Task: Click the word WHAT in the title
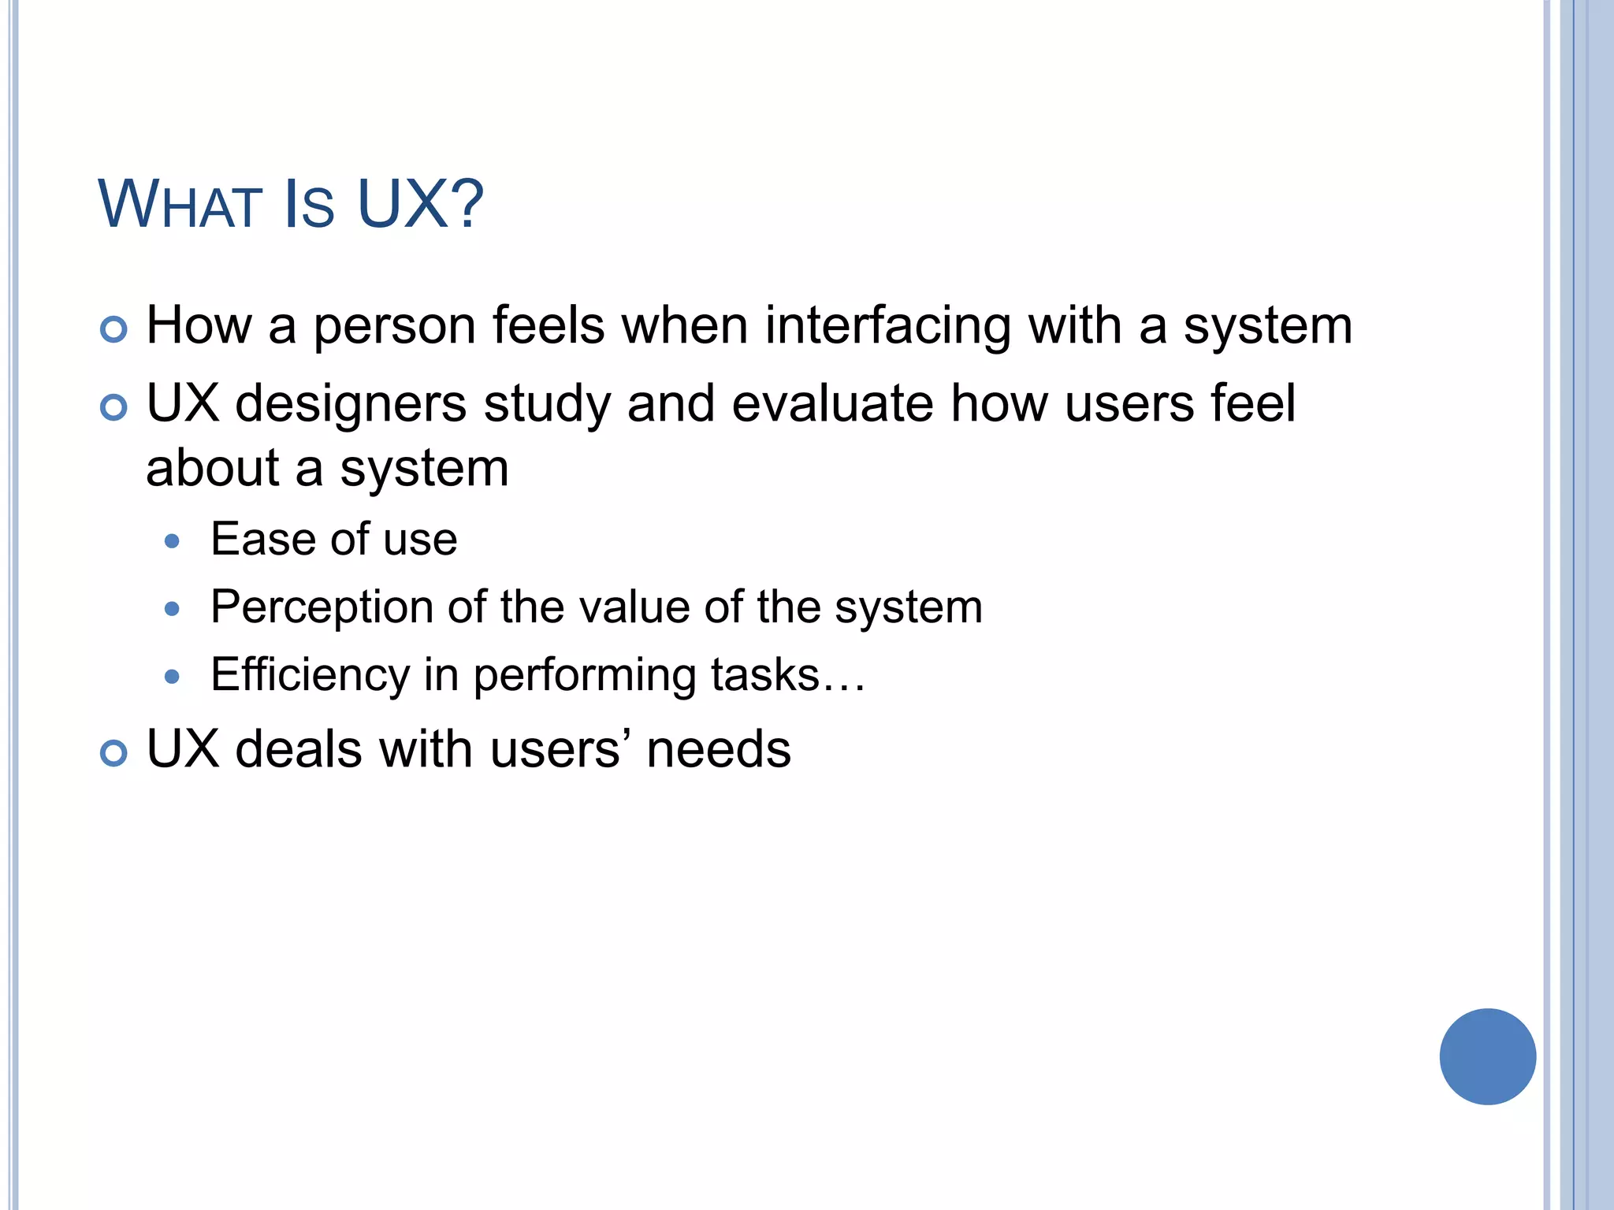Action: coord(180,205)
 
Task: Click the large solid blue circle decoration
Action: coord(1487,1056)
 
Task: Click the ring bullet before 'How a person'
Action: coord(114,329)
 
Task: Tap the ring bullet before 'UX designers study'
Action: coord(114,407)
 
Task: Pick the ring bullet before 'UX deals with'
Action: coord(114,753)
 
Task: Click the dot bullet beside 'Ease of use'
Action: coord(173,541)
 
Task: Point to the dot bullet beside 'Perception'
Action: coord(173,609)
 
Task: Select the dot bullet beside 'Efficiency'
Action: coord(173,677)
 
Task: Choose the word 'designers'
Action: coord(351,405)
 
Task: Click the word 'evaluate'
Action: coord(832,403)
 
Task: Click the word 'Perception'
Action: coord(322,609)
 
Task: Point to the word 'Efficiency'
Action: coord(311,676)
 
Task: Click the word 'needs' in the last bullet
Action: coord(718,750)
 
